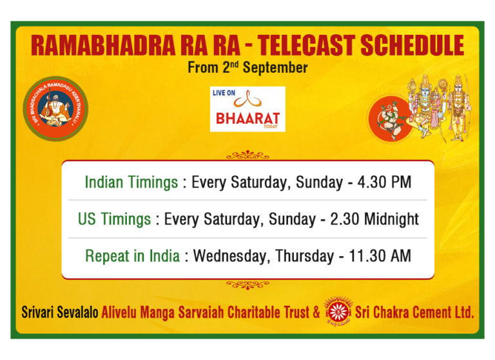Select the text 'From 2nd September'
[x=247, y=67]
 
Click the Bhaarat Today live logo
[x=247, y=109]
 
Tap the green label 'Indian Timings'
[x=131, y=182]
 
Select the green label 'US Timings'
[x=115, y=219]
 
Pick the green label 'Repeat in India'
[x=133, y=256]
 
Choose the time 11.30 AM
[x=381, y=256]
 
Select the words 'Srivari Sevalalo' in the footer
[x=60, y=313]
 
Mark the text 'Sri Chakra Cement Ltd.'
[x=414, y=313]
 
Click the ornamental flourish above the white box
[x=247, y=155]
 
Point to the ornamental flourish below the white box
[x=247, y=284]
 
